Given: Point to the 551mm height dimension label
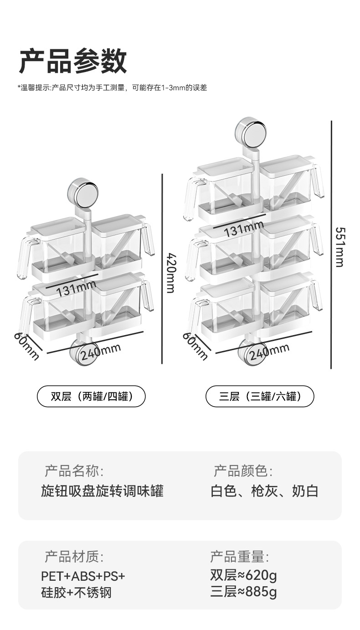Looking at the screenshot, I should point(339,247).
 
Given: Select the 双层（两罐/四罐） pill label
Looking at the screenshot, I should point(91,396).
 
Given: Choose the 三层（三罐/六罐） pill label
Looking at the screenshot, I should point(260,396).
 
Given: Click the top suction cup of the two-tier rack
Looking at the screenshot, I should point(82,191).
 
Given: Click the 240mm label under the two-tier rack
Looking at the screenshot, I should point(101,351).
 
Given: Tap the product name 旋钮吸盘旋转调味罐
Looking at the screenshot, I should point(102,491).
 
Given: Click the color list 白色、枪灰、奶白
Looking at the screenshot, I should point(264,491).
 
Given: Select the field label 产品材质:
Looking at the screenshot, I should point(74,557).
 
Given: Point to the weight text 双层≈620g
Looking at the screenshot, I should point(243,576).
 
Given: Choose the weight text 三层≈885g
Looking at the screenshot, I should point(243,592).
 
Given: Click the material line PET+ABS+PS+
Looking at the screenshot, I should point(83,576).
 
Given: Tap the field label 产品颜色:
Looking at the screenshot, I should point(243,471).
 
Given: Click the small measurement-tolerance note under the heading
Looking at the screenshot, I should point(113,88).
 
